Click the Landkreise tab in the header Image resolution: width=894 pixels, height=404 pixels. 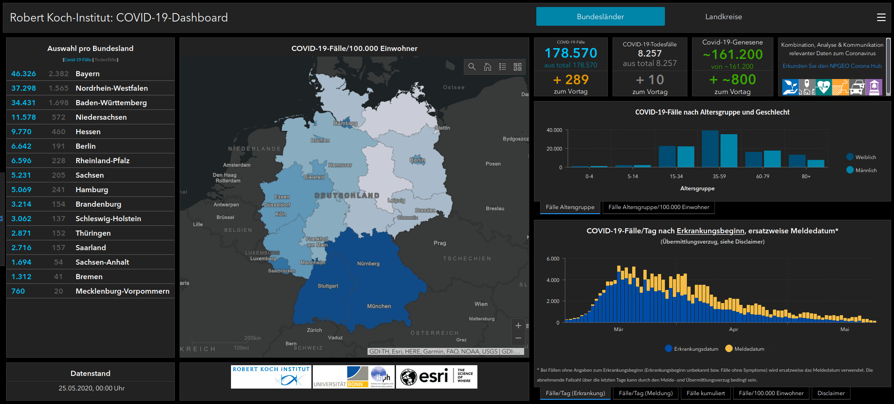click(723, 17)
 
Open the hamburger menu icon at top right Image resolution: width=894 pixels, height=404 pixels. click(881, 17)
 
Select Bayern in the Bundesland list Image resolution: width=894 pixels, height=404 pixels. click(87, 74)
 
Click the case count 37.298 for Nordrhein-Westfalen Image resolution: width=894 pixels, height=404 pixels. click(23, 88)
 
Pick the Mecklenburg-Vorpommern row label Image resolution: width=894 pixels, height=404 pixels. click(123, 291)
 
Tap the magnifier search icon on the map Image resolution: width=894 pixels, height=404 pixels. click(472, 67)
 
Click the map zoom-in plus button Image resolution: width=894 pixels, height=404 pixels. click(518, 325)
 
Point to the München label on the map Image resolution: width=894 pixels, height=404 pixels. click(379, 306)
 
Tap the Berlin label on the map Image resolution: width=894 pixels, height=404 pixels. click(417, 160)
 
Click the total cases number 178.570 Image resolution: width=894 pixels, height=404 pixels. click(570, 53)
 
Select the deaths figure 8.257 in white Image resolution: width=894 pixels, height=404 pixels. click(649, 53)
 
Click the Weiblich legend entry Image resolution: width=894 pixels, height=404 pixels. click(865, 157)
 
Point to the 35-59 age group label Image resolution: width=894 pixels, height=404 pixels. click(719, 176)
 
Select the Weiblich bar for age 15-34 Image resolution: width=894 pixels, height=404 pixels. click(667, 157)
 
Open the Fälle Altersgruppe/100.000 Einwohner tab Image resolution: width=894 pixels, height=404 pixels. click(658, 207)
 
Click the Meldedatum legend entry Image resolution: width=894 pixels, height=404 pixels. click(749, 349)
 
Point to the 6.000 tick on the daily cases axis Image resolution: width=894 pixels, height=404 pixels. click(553, 259)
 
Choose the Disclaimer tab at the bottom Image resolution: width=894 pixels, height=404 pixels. click(831, 393)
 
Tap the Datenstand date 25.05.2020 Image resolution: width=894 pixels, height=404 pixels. click(91, 388)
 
